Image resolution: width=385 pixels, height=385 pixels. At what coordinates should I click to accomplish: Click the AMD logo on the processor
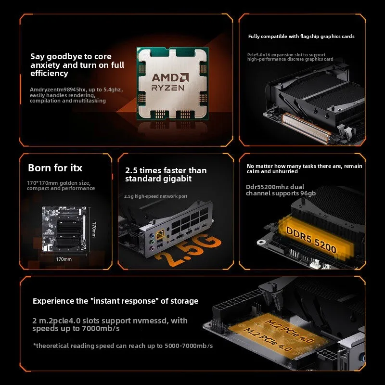click(x=170, y=77)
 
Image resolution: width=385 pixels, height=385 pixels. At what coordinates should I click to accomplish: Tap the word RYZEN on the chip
click(x=167, y=88)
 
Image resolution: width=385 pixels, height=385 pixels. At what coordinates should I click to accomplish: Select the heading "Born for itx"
click(x=55, y=168)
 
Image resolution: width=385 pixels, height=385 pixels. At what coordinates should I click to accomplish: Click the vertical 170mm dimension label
click(x=94, y=230)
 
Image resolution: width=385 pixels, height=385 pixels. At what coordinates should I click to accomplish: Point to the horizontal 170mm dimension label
click(x=64, y=259)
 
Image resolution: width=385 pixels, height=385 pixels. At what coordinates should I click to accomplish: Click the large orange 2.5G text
click(x=188, y=250)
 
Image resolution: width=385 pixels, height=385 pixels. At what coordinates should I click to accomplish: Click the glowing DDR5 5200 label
click(x=311, y=240)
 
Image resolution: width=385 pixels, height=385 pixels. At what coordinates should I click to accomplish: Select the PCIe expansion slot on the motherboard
click(x=306, y=128)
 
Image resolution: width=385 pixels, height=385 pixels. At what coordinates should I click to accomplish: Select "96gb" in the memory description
click(x=308, y=193)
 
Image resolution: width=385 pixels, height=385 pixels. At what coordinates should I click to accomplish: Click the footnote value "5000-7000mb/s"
click(x=189, y=346)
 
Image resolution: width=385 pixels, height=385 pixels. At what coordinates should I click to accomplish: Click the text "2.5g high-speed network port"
click(x=155, y=196)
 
